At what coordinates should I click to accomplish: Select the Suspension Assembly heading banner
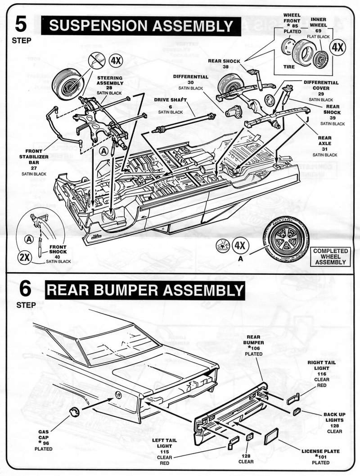click(138, 26)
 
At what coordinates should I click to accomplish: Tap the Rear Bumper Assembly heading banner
click(145, 290)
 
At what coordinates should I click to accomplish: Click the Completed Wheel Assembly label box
click(331, 256)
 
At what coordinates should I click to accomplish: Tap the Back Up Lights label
click(333, 423)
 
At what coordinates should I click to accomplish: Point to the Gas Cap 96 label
click(44, 440)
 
